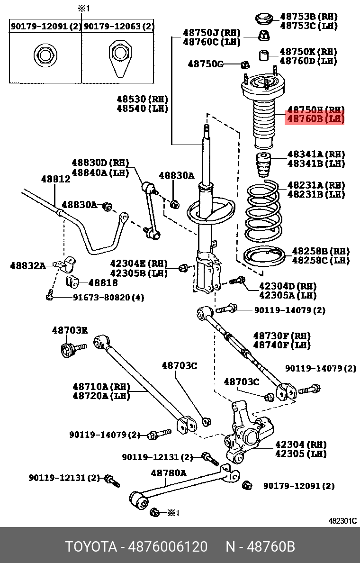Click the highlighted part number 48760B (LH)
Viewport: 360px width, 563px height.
[314, 118]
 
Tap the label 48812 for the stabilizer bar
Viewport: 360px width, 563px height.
[55, 179]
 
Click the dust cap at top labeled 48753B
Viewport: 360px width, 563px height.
[264, 19]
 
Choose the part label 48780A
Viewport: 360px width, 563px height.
[168, 472]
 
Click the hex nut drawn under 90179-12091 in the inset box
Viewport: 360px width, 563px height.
[45, 55]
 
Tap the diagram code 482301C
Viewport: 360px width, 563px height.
[342, 521]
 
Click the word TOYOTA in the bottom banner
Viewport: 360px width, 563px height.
[90, 546]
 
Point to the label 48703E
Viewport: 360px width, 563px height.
[70, 330]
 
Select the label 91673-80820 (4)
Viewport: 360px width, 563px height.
[108, 298]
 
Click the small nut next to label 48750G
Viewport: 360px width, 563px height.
[245, 64]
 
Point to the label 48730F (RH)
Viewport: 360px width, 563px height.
[281, 336]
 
